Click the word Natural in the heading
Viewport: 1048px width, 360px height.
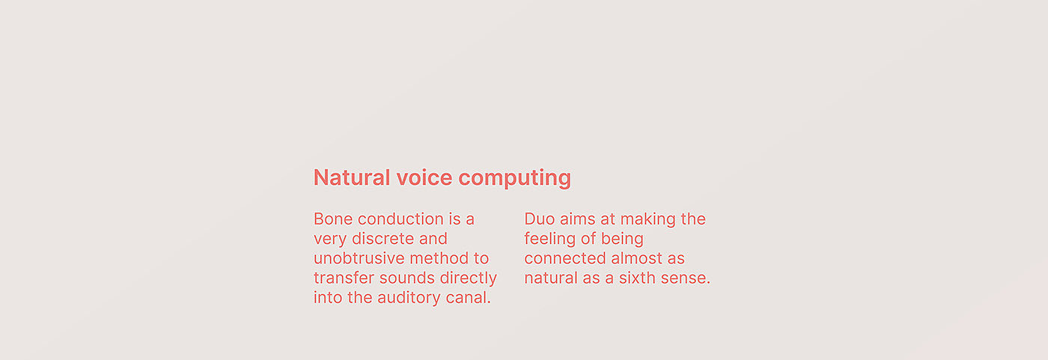click(352, 177)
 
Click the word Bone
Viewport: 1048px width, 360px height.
click(332, 219)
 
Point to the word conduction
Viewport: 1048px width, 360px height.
click(400, 219)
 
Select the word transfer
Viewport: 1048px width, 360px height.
click(344, 278)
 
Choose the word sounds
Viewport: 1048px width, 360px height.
click(400, 278)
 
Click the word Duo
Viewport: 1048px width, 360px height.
click(539, 219)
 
